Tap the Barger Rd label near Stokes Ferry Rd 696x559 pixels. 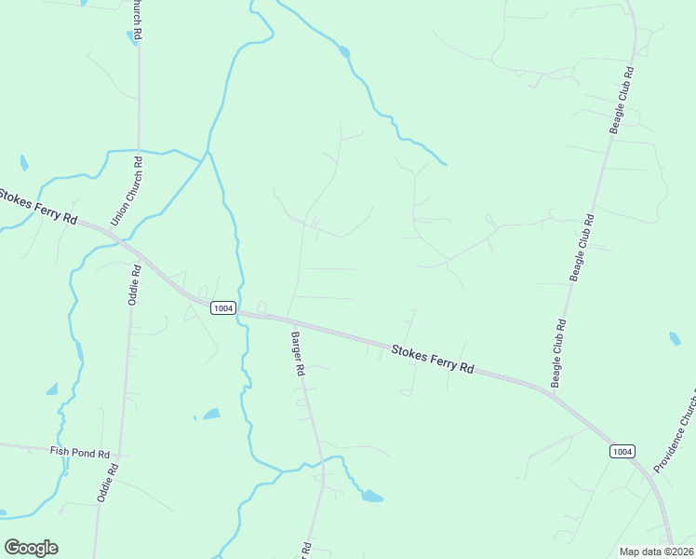298,353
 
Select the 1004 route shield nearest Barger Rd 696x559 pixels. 222,308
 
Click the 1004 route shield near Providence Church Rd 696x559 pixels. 622,451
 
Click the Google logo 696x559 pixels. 31,548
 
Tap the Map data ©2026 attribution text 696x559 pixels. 655,552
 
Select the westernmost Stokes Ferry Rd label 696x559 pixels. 37,205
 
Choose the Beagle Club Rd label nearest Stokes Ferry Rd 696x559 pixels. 558,354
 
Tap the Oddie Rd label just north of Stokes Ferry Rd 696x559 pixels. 134,284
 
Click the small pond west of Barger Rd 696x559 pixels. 211,413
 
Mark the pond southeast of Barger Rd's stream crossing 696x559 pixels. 371,496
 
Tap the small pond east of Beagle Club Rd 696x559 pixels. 674,338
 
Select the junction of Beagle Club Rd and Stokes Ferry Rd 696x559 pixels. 552,393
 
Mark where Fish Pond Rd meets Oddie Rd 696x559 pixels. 118,457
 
